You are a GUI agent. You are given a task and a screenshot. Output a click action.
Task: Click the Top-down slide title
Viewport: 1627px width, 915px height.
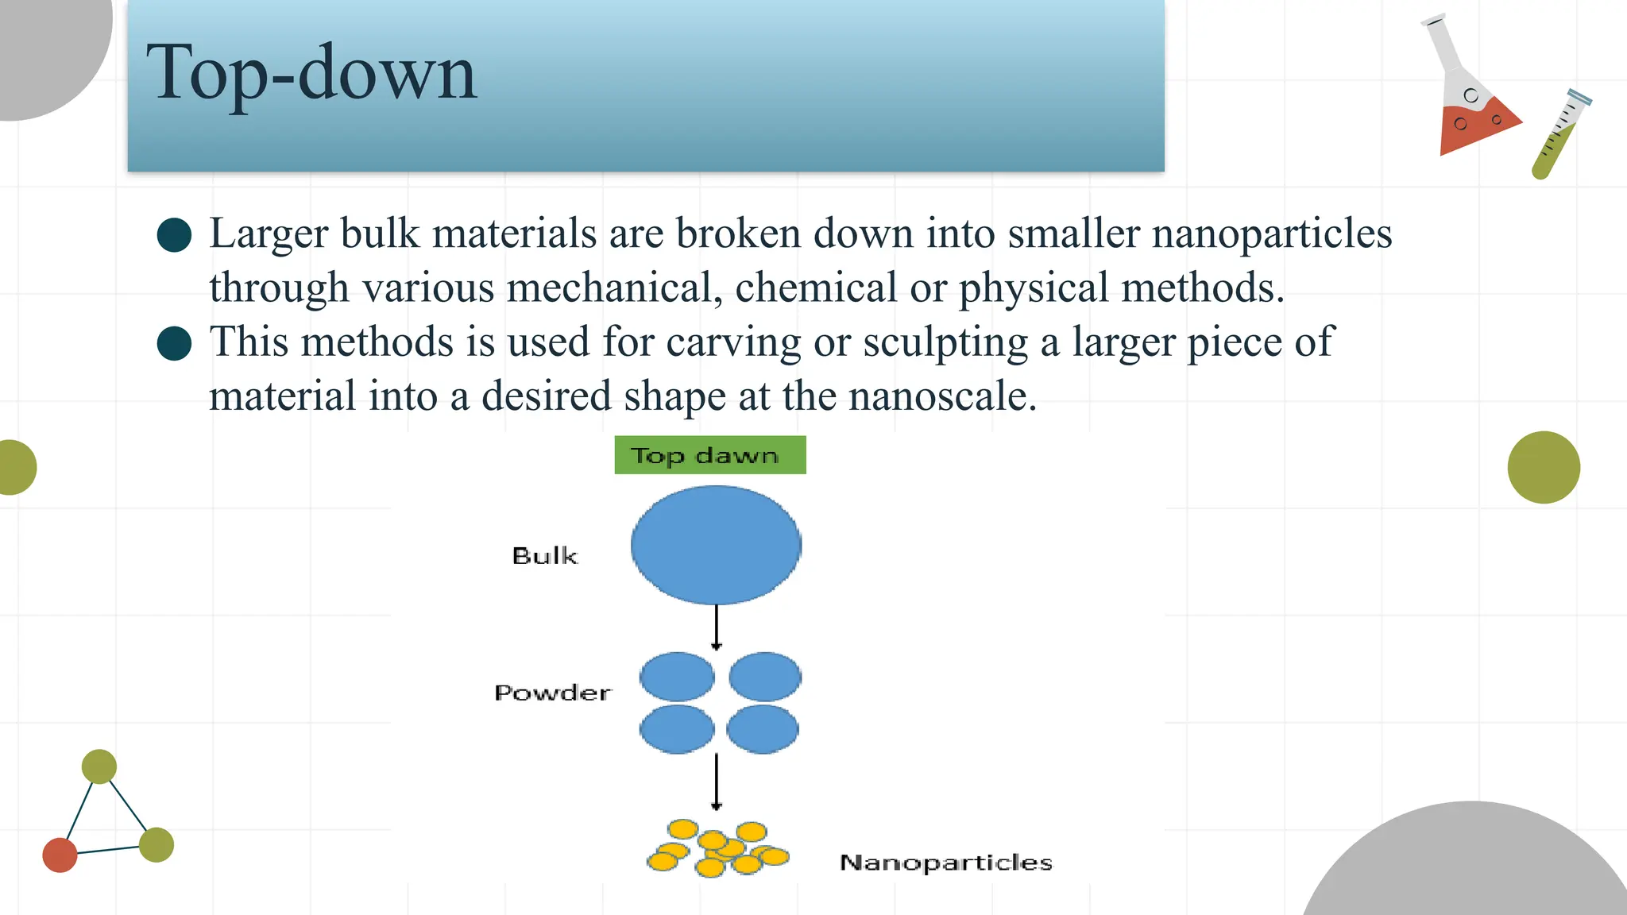point(311,73)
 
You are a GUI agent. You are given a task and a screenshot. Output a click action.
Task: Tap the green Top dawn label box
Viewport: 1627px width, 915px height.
point(709,455)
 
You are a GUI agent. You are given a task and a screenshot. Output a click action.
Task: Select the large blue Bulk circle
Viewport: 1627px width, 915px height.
point(716,545)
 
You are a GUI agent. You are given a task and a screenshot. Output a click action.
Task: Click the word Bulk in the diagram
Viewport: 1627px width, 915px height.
point(545,555)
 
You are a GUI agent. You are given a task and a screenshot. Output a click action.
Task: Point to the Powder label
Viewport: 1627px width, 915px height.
point(553,693)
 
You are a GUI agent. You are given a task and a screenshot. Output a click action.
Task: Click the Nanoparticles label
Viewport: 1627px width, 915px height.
point(945,863)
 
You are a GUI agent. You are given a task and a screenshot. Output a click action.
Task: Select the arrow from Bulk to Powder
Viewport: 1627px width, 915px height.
point(716,627)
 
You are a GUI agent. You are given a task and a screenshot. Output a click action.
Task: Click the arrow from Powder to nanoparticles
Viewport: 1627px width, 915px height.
point(716,782)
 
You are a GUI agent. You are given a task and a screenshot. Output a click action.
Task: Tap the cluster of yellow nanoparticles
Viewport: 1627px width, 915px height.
point(717,849)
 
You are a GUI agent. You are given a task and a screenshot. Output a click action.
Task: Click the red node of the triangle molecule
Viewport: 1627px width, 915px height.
point(60,855)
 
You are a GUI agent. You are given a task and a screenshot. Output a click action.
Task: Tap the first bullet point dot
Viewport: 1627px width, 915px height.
point(175,235)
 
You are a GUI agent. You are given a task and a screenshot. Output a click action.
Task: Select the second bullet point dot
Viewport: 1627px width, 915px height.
point(175,343)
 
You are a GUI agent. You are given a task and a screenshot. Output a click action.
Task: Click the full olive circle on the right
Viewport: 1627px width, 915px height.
point(1544,467)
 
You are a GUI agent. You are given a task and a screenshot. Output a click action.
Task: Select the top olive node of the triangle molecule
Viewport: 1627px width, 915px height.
point(99,766)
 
